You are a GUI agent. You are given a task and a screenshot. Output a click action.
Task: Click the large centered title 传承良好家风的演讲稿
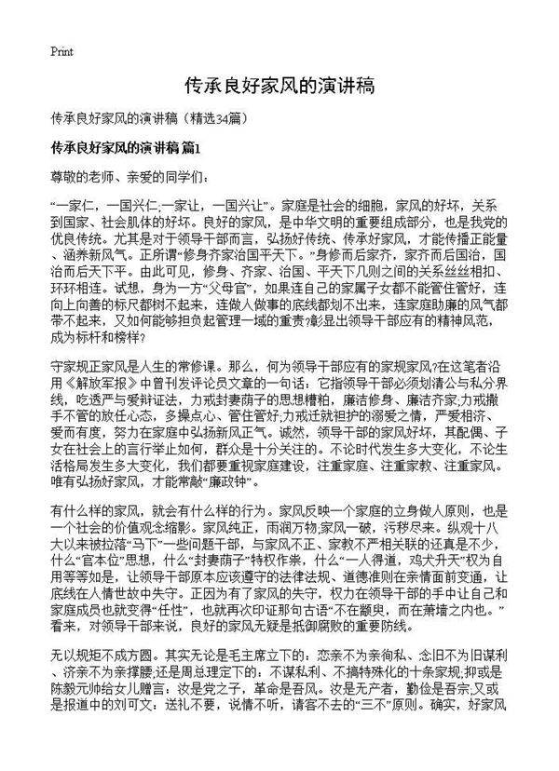pyautogui.click(x=279, y=87)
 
